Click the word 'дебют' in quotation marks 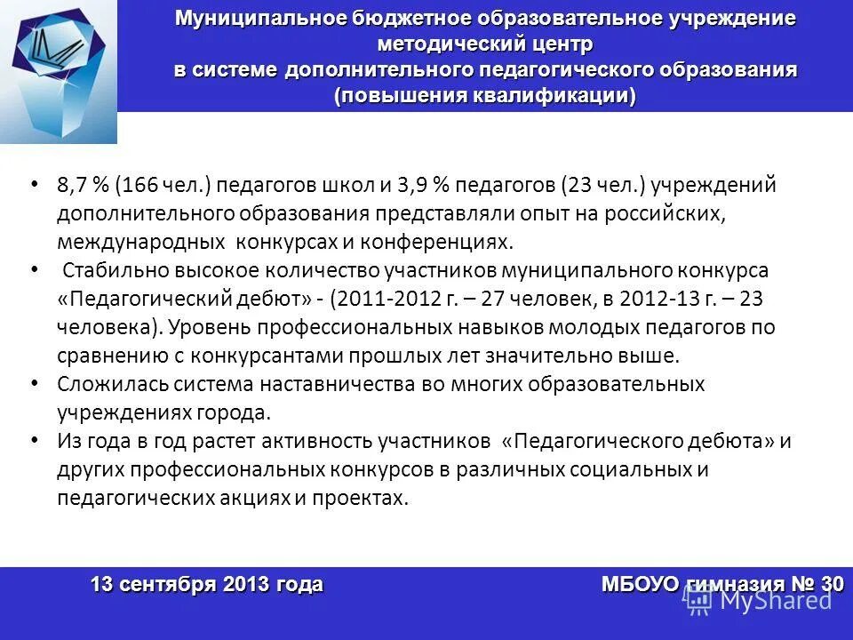[x=272, y=299]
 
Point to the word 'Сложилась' [x=100, y=384]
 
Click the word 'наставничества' [x=340, y=384]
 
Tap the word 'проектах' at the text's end [x=365, y=498]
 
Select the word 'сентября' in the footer [x=168, y=585]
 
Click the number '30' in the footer [x=833, y=585]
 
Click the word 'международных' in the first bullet [x=139, y=242]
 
